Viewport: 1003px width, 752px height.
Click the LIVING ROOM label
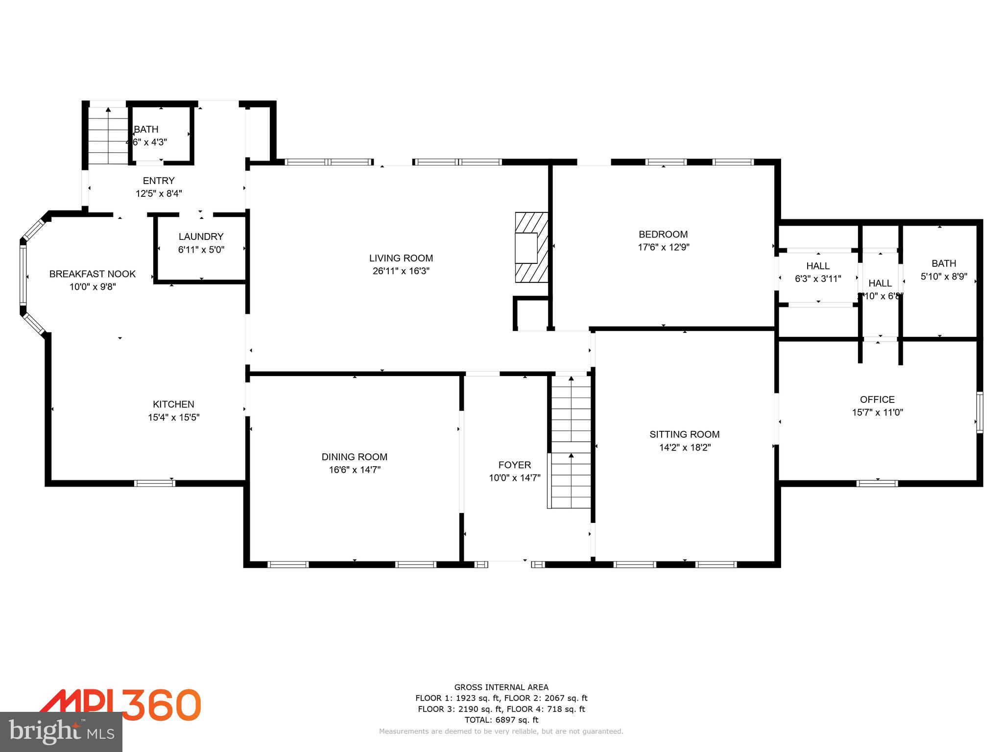401,258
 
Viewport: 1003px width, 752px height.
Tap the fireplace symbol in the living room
531,247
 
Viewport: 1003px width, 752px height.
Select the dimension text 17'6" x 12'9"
663,247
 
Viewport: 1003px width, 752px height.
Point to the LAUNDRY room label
201,236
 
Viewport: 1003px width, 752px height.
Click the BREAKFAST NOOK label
92,274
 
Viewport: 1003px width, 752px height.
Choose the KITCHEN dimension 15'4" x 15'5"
173,418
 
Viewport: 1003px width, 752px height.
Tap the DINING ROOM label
354,457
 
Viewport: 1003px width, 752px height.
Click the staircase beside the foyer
571,441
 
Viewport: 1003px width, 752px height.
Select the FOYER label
514,465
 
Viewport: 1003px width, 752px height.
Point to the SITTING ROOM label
684,434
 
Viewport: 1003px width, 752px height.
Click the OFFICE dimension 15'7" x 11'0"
877,412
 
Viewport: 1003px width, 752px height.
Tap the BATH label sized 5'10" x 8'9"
944,263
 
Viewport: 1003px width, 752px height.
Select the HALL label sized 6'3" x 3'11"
817,266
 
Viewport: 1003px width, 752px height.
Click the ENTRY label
158,181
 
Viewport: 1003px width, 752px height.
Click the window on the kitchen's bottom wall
154,483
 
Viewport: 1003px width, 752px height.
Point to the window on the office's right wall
979,412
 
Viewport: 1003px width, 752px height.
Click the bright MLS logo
61,731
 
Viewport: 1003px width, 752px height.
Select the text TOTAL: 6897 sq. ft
501,720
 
